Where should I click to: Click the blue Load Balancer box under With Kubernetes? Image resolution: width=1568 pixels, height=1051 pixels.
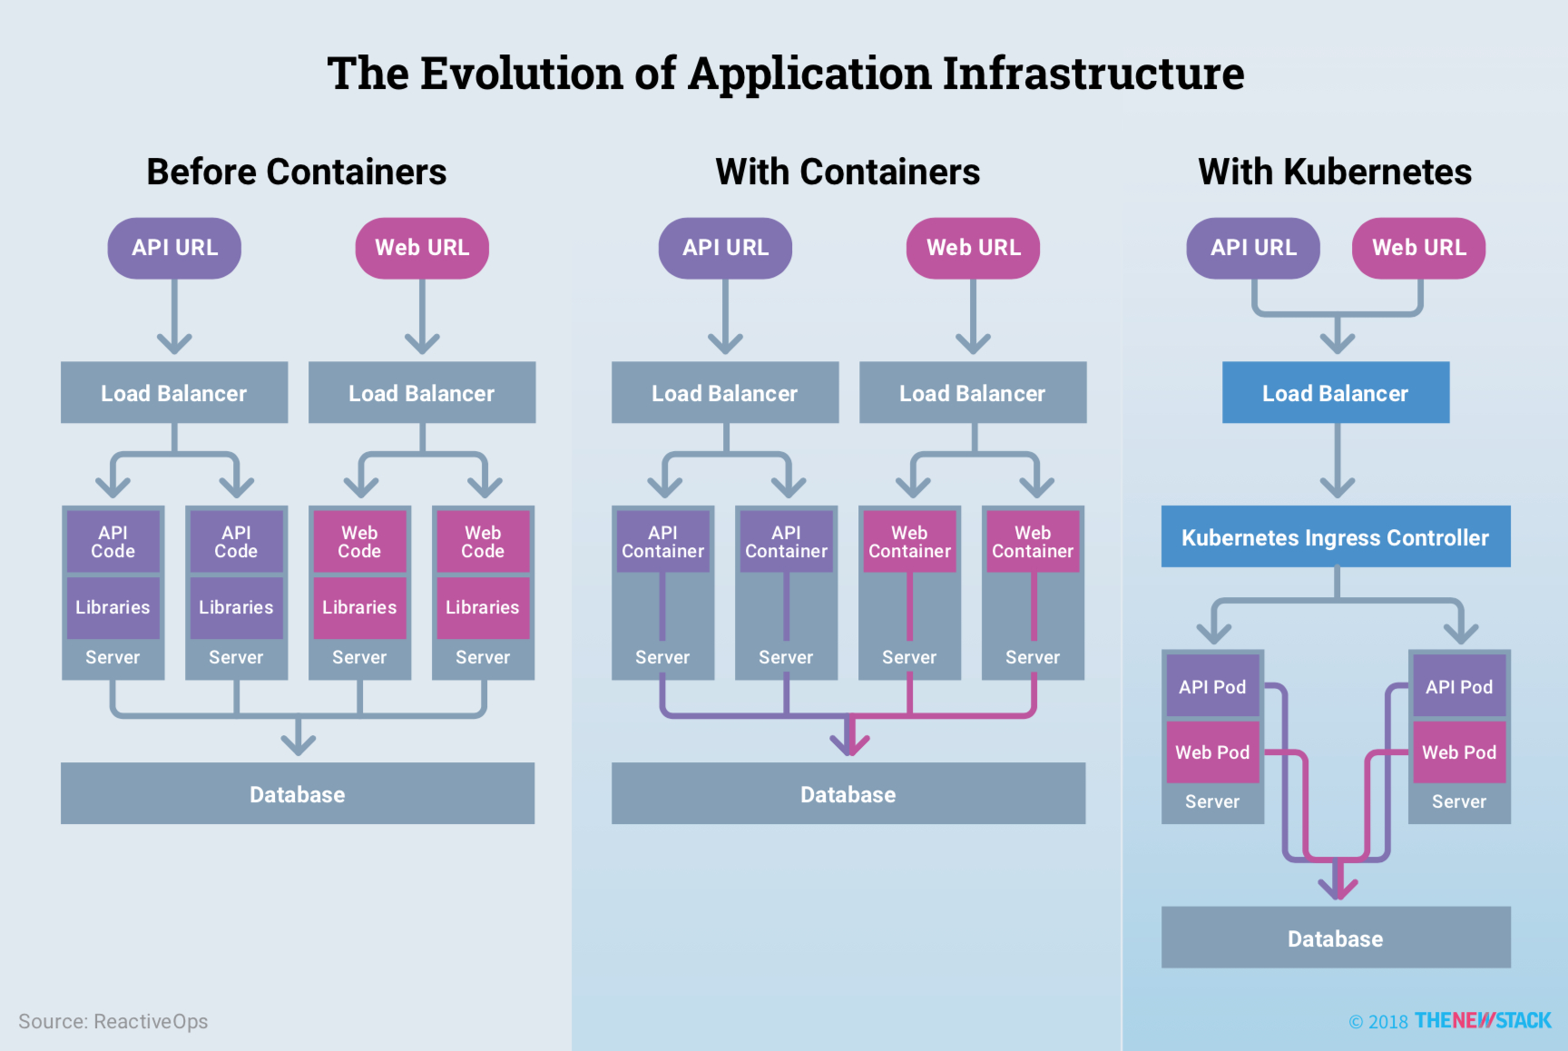[1335, 393]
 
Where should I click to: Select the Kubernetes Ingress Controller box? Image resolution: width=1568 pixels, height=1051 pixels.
[1335, 537]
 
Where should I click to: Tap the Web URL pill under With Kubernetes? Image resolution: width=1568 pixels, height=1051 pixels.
[1418, 248]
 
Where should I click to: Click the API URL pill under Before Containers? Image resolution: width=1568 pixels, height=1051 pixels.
[174, 248]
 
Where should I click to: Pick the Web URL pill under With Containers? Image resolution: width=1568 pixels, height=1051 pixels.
[973, 248]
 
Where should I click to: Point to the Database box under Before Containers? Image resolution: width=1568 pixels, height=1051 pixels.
[298, 794]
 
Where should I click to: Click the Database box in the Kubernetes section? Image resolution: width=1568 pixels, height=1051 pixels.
[1335, 938]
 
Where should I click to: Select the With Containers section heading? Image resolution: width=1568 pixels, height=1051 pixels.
[848, 172]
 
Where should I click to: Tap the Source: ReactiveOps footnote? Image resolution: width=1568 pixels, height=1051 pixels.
[113, 1021]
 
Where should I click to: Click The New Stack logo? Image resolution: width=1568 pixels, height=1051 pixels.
[1483, 1021]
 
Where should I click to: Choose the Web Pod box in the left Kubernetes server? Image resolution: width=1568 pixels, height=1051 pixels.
[1212, 752]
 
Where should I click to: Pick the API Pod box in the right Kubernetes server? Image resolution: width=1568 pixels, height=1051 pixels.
[1458, 687]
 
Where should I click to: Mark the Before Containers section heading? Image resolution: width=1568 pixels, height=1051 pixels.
[297, 172]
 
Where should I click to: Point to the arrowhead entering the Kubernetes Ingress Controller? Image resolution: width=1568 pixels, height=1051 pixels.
[1338, 486]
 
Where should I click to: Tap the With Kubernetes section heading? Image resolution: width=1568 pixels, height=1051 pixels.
[1335, 172]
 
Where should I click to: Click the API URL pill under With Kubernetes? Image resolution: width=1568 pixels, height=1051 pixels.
[1253, 248]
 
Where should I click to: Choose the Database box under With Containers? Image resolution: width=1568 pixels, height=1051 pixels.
[848, 794]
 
